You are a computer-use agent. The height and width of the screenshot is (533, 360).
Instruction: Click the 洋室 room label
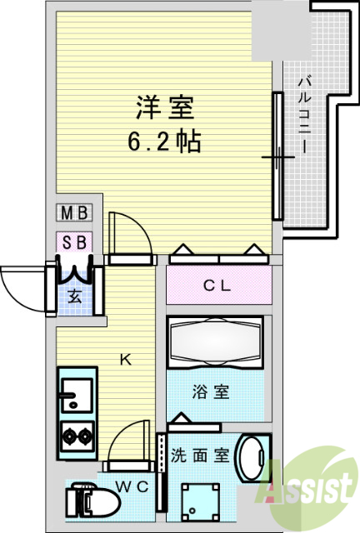[165, 109]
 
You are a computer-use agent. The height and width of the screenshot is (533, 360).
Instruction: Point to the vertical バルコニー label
[303, 113]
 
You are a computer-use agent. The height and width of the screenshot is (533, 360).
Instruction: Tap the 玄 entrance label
[75, 295]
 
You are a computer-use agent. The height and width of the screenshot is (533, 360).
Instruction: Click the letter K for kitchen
[125, 360]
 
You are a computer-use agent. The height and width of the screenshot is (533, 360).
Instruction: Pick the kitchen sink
[77, 394]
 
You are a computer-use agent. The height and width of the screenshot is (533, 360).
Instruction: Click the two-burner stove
[77, 436]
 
